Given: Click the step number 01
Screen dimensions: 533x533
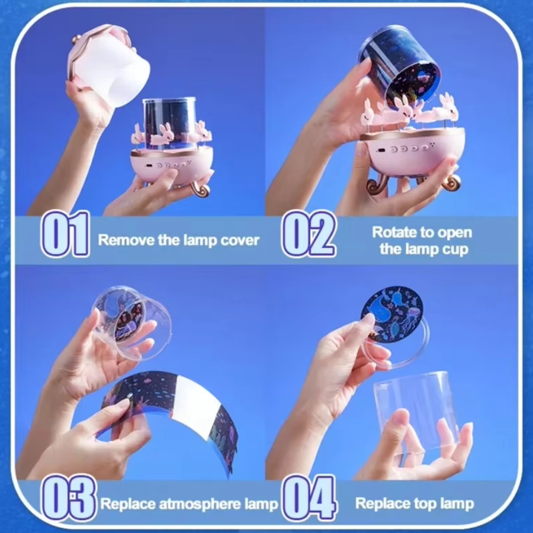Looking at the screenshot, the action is tap(65, 233).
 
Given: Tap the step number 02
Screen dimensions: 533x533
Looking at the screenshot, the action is tap(309, 233).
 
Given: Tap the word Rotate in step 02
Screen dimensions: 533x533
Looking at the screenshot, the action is tap(394, 233).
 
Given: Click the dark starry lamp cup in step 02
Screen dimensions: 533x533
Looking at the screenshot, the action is tap(399, 68).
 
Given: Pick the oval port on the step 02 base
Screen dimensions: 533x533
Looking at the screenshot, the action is tap(381, 150).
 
